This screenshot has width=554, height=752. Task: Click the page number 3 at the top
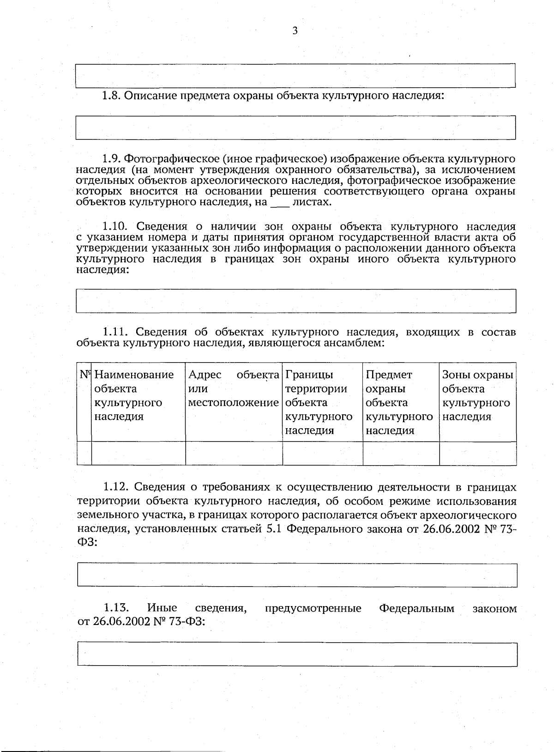click(x=295, y=30)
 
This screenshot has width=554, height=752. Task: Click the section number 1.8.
click(x=111, y=96)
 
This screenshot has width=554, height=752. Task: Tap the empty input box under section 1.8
click(x=295, y=128)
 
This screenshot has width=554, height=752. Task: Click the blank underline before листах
click(x=279, y=203)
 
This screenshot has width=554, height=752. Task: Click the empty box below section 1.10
click(x=295, y=301)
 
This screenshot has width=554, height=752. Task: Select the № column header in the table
click(x=84, y=374)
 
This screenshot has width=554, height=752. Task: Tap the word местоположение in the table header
click(x=233, y=402)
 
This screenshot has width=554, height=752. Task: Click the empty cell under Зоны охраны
click(x=477, y=453)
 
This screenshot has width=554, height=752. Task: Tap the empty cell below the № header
click(x=84, y=453)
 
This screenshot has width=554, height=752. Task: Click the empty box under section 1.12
click(x=297, y=575)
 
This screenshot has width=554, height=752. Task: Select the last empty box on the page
click(x=297, y=654)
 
